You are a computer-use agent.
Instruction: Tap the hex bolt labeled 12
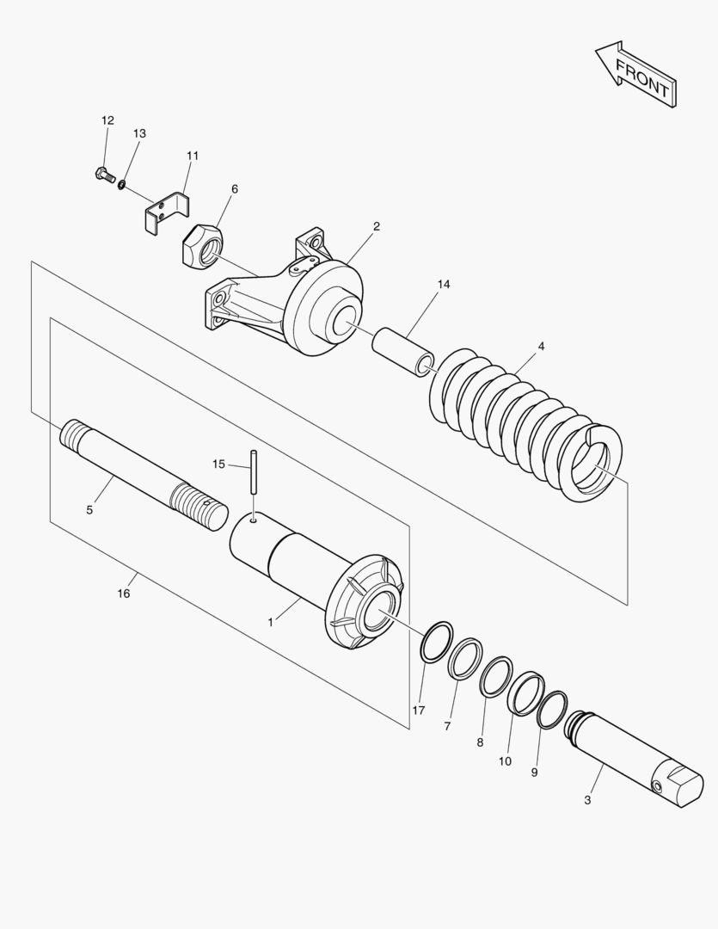(x=101, y=175)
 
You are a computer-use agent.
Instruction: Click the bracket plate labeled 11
(x=166, y=211)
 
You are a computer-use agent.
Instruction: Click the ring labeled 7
(x=465, y=658)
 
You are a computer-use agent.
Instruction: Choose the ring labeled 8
(x=496, y=675)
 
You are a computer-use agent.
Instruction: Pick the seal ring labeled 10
(x=526, y=692)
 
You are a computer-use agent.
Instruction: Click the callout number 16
(x=124, y=594)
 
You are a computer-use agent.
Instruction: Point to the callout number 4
(x=541, y=347)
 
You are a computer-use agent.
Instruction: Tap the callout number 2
(x=377, y=226)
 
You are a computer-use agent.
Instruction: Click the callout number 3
(x=587, y=800)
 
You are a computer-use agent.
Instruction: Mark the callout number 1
(x=270, y=620)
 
